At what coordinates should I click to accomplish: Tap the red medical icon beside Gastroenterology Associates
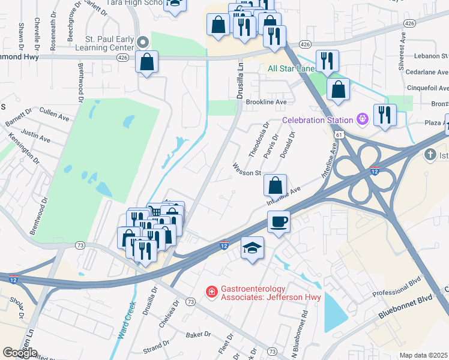(211, 292)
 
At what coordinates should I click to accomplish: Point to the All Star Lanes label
(291, 69)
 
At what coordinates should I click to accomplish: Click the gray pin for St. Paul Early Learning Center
(143, 42)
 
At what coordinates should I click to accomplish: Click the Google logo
(20, 353)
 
